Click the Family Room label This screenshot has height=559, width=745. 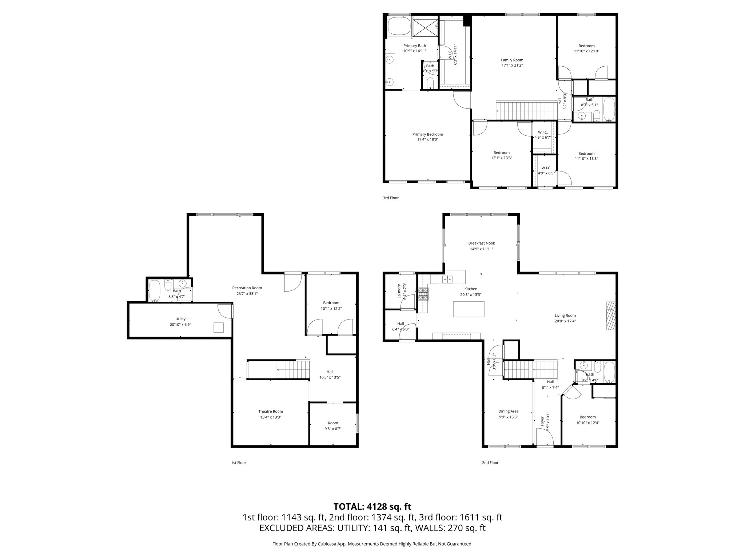pos(512,60)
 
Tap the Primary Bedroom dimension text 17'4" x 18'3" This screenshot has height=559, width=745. pos(427,139)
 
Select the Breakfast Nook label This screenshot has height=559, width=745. pos(481,243)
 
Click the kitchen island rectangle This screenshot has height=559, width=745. pos(469,309)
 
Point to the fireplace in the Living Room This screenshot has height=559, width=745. pos(611,316)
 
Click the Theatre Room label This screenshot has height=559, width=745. pos(270,412)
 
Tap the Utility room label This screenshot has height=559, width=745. pos(180,319)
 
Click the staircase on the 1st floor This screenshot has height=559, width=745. pos(293,369)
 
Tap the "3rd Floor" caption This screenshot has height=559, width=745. pos(390,198)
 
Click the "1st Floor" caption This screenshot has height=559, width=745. pos(239,463)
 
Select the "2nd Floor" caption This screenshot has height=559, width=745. pos(490,463)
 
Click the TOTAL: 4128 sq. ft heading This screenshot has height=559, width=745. pos(372,507)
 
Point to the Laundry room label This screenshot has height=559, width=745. pos(399,291)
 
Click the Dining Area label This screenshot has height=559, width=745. pos(508,411)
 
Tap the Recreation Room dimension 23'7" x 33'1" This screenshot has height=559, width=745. pos(247,294)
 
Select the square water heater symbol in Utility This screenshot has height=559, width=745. pos(219,328)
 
